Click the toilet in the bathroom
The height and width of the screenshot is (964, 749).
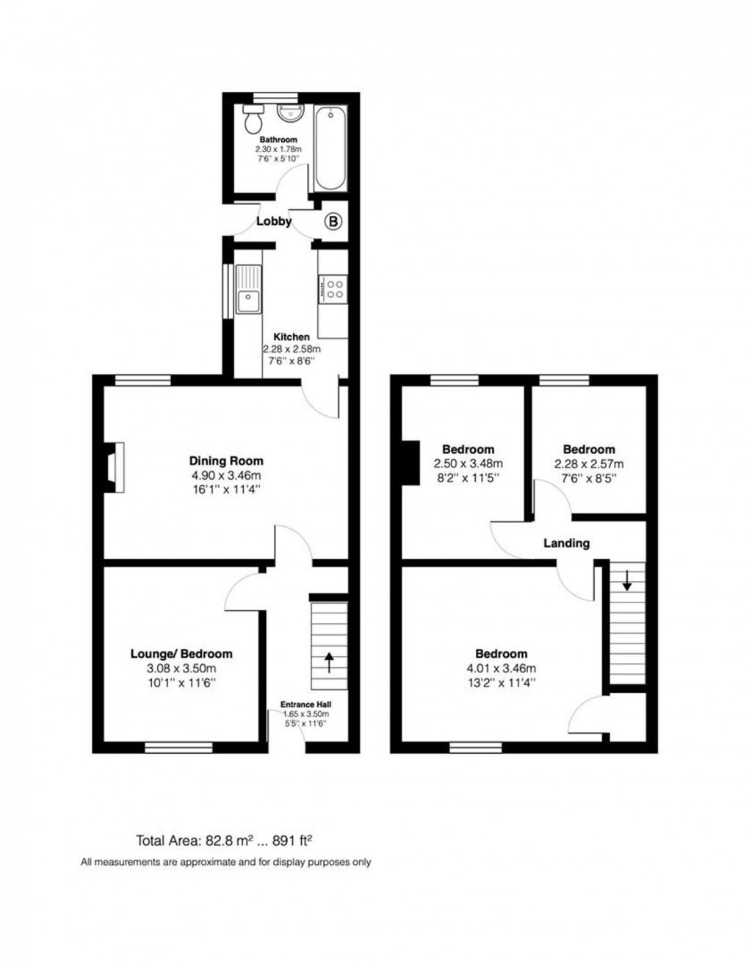click(x=253, y=113)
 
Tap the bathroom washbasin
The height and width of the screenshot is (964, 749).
click(x=288, y=112)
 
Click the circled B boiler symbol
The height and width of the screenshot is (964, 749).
click(x=333, y=220)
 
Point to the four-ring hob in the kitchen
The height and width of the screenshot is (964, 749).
click(x=333, y=288)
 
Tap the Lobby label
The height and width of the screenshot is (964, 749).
click(x=274, y=221)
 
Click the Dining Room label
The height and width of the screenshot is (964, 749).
click(x=225, y=461)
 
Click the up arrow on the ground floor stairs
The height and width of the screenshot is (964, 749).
click(x=328, y=661)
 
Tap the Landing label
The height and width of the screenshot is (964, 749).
click(x=566, y=544)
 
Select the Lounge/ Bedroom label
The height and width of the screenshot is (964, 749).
click(x=181, y=654)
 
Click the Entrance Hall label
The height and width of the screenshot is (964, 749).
click(x=305, y=705)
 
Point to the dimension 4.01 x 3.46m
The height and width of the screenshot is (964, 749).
click(x=502, y=669)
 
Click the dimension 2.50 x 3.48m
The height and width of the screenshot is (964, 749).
click(x=468, y=464)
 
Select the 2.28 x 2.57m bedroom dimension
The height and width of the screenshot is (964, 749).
click(x=589, y=464)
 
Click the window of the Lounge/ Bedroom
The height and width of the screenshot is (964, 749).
click(x=178, y=748)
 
